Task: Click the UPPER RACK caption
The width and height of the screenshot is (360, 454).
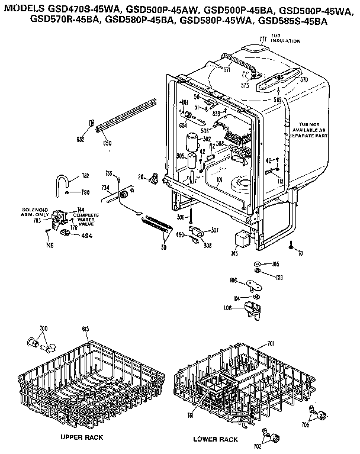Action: pos(82,437)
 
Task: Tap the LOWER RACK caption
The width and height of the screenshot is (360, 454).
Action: pos(215,439)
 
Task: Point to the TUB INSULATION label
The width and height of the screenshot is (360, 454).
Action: pos(285,39)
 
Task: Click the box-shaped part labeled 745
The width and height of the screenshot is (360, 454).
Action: pos(242,240)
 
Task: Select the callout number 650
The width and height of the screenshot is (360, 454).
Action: pos(107,143)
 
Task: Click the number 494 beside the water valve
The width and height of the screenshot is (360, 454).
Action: pos(86,235)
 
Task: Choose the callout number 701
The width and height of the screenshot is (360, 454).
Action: pos(271,343)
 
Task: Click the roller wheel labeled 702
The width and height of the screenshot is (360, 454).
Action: pos(274,437)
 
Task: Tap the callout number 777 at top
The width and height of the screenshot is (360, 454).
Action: pos(263,39)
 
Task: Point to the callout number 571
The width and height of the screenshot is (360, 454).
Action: pos(226,69)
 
